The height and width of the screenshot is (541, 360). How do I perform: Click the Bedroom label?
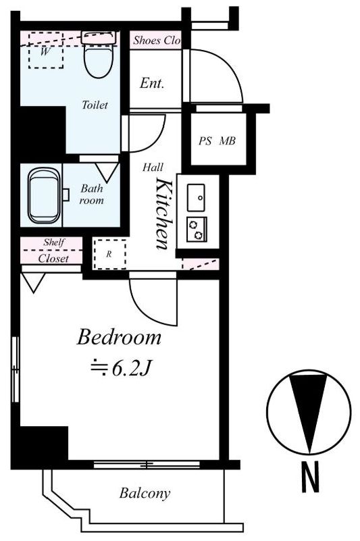pos(119,336)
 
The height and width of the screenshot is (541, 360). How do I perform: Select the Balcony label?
pos(145,493)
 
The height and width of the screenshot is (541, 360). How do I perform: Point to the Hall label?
pos(151,166)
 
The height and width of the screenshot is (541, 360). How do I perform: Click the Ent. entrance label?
pos(152,84)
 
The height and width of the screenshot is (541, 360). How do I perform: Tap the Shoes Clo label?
pos(156,41)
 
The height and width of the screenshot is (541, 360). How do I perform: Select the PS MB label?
pos(216,142)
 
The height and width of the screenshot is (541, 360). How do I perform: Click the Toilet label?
pos(95,105)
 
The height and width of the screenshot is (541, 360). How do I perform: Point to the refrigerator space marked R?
pos(109,254)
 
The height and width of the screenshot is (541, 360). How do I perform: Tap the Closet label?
pos(53,259)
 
